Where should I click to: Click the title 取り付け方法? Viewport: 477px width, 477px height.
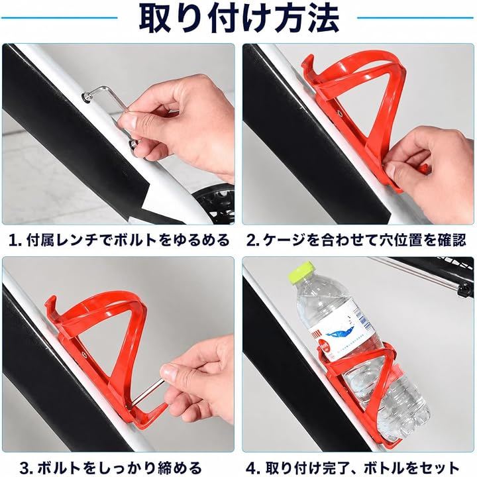[239, 19]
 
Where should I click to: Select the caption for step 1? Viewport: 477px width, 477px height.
[119, 240]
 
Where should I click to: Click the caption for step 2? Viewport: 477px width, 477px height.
[356, 240]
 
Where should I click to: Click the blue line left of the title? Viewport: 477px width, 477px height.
[60, 18]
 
